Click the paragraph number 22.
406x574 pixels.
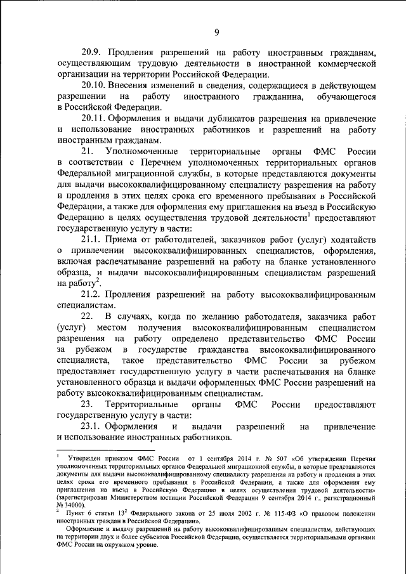[88, 316]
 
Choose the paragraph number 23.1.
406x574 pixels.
[91, 427]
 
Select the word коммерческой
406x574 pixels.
[340, 63]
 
